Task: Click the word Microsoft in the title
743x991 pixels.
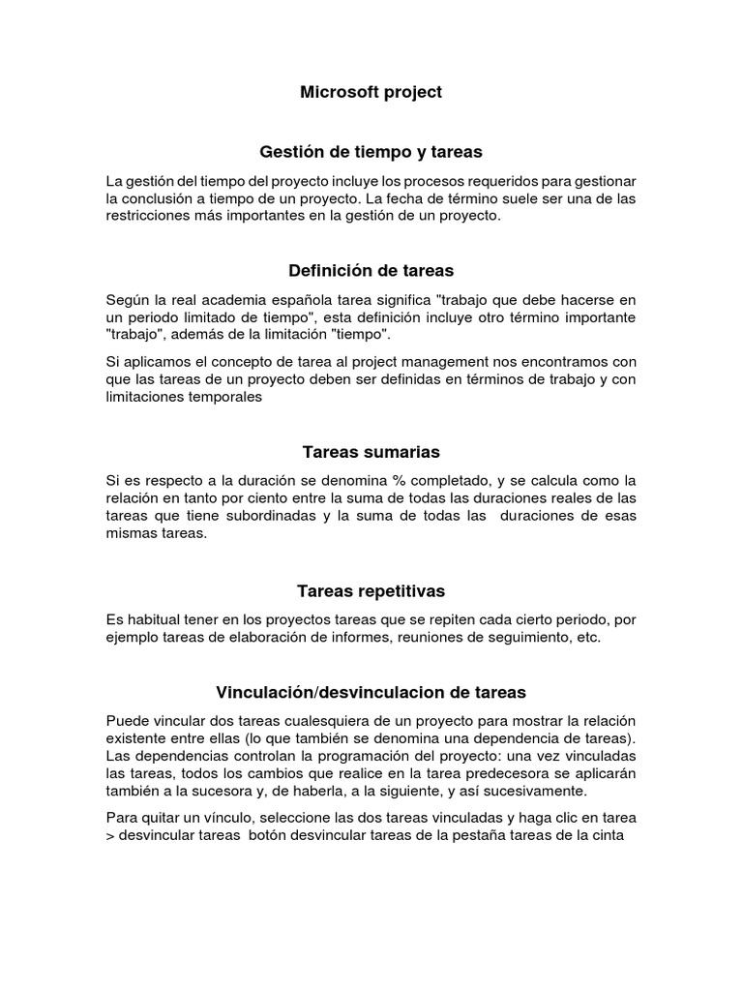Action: point(336,92)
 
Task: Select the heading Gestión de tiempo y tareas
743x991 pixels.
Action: point(371,152)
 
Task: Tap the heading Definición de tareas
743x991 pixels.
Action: point(371,270)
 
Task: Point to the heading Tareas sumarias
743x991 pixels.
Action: point(371,452)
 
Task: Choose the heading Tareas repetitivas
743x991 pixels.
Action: point(371,590)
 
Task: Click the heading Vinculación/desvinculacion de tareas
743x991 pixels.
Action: point(371,692)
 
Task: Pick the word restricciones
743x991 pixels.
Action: point(147,217)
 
